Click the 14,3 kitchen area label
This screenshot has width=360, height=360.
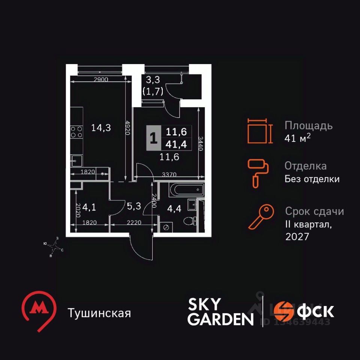101,128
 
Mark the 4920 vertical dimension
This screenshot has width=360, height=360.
128,130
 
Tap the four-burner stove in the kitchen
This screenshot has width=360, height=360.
76,132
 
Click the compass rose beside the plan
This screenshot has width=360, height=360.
55,246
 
